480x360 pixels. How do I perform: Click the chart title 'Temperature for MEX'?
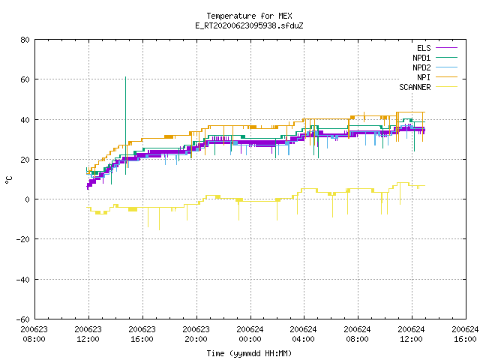pos(249,16)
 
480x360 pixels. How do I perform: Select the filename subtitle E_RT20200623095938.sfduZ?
pos(249,25)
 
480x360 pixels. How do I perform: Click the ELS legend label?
pos(424,48)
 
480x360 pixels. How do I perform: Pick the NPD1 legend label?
pos(421,58)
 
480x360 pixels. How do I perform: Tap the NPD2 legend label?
pos(421,67)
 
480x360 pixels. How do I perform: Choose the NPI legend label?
pos(424,77)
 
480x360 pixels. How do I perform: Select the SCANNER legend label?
pos(415,87)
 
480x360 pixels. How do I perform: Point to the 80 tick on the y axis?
pos(25,40)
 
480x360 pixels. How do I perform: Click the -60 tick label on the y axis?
pos(23,319)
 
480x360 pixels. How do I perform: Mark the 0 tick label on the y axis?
pos(28,199)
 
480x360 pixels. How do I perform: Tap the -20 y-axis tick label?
pos(23,239)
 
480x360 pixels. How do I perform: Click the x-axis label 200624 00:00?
pos(250,334)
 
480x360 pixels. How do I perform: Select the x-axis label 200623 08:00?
pos(34,334)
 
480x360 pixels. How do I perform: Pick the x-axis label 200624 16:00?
pos(465,334)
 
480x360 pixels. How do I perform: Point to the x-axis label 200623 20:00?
pos(196,334)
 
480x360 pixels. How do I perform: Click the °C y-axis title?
pos(8,180)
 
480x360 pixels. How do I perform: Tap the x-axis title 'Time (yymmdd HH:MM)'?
pos(249,353)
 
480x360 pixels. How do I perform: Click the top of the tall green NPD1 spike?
pos(125,77)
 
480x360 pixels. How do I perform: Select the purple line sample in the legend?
pos(447,48)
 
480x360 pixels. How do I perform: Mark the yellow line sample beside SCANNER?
pos(447,87)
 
